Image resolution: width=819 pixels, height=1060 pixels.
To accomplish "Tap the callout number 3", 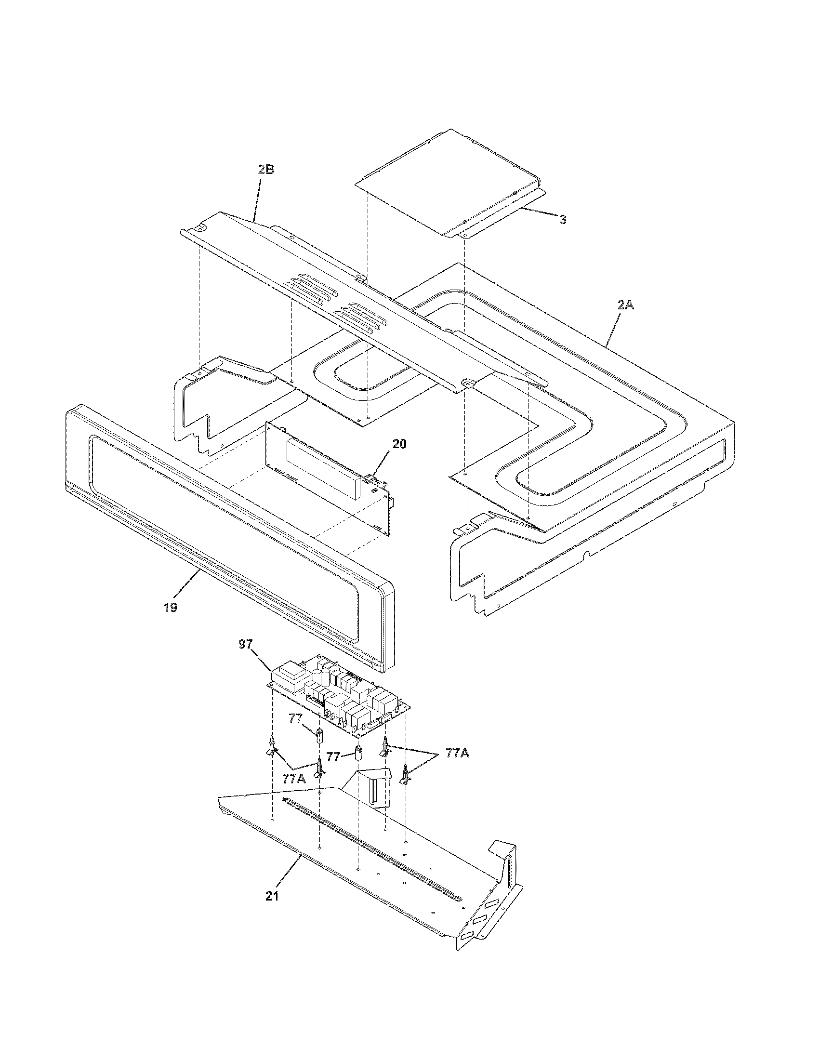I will (562, 220).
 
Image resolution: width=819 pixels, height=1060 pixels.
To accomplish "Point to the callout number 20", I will (399, 444).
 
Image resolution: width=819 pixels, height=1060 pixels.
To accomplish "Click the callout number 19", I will (170, 607).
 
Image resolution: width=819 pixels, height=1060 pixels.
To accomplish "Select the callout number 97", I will (246, 644).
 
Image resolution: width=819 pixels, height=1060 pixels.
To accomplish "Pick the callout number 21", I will (272, 896).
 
